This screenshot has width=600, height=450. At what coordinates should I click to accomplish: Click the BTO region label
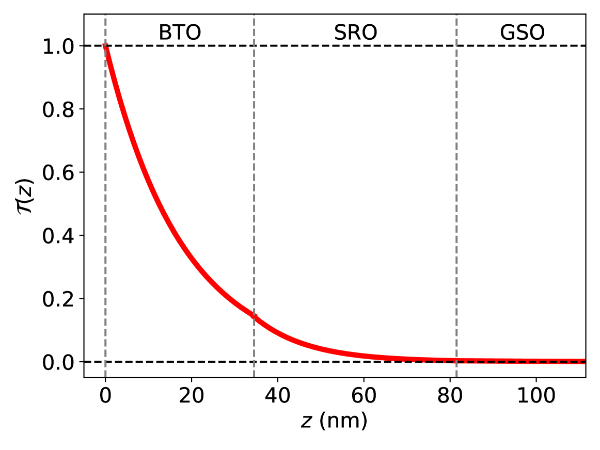click(179, 33)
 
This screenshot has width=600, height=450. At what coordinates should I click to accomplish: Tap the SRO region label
click(355, 33)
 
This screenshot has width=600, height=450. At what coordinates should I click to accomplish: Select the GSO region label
click(522, 33)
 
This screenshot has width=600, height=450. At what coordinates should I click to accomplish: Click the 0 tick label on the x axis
click(105, 396)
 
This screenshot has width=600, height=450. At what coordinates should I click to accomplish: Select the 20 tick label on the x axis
click(192, 396)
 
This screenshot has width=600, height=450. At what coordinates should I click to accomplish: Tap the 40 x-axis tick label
click(277, 396)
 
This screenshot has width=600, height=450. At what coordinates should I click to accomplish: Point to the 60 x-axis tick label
click(364, 396)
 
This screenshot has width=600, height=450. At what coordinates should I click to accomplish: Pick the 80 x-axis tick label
click(450, 396)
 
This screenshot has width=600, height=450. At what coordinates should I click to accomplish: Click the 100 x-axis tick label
click(535, 396)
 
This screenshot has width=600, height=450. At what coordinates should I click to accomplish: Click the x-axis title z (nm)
click(334, 421)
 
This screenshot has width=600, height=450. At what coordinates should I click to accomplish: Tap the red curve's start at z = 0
click(105, 46)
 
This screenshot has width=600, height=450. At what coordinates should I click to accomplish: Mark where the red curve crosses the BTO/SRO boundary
click(254, 316)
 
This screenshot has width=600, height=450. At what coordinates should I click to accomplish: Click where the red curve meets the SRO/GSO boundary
click(456, 361)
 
